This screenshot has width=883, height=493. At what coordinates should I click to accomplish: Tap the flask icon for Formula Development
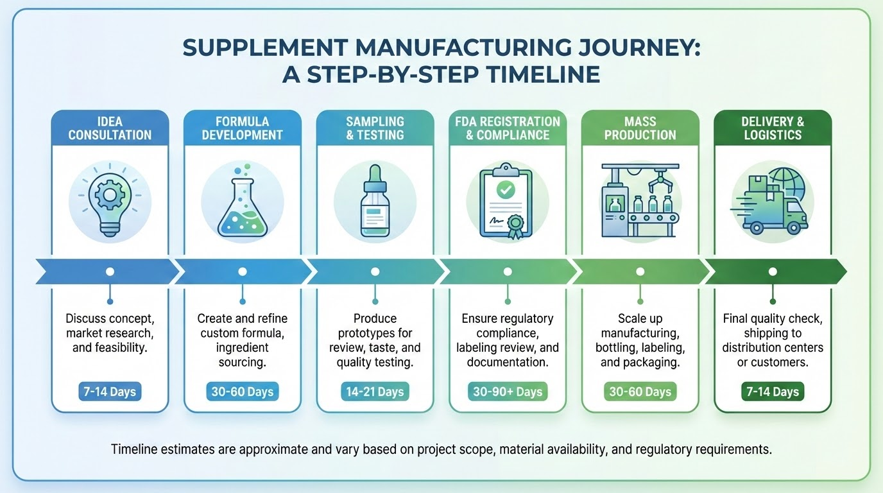tap(242, 200)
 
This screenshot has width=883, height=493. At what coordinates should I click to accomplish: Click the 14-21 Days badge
tap(375, 392)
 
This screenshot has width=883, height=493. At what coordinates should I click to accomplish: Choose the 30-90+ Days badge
tap(507, 392)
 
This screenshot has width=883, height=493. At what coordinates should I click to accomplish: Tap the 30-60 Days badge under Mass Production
tap(640, 392)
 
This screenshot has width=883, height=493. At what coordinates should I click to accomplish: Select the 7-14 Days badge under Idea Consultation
tap(110, 392)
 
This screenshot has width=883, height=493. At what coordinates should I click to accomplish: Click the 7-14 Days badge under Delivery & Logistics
tap(772, 392)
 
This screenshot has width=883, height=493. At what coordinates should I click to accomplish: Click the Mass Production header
tap(640, 128)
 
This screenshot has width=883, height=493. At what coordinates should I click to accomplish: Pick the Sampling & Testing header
tap(375, 128)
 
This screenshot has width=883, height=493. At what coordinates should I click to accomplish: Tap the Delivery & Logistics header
tap(772, 128)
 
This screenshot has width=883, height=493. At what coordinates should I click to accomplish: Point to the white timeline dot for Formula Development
tap(242, 272)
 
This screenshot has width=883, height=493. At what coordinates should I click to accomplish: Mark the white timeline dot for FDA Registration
tap(507, 272)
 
